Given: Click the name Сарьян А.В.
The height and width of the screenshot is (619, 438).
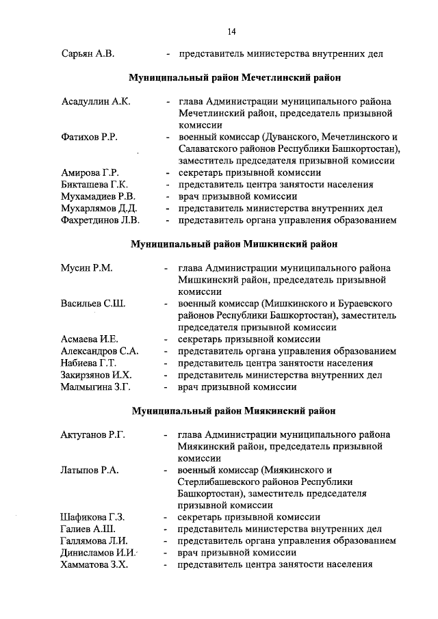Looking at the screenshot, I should point(84,54).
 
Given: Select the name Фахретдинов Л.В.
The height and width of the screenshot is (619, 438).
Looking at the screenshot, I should point(100,220).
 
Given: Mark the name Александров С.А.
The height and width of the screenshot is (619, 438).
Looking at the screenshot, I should point(100,351).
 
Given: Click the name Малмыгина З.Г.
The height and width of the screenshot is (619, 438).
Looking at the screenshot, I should point(95,386).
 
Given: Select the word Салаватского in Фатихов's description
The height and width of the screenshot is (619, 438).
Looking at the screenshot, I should point(208,149).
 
